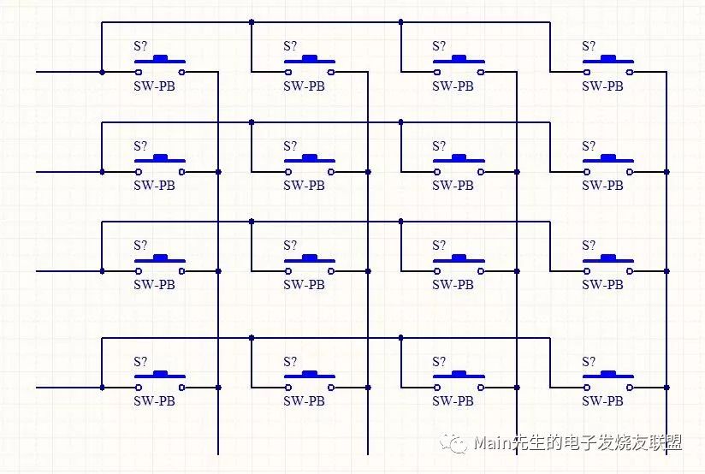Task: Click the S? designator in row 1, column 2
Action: [x=290, y=46]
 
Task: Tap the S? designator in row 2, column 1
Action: [x=140, y=145]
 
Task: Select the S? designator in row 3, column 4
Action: [x=589, y=245]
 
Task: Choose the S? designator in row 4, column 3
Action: [x=440, y=361]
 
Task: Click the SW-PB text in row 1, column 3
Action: [x=453, y=86]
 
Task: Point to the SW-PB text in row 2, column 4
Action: [x=603, y=186]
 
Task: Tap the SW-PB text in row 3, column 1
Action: [x=154, y=285]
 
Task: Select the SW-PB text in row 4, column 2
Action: [x=304, y=401]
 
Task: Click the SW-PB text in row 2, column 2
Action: [x=304, y=186]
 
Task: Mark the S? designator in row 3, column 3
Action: [x=440, y=245]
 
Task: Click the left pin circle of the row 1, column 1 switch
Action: [x=139, y=73]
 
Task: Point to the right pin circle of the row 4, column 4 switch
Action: [x=631, y=388]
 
